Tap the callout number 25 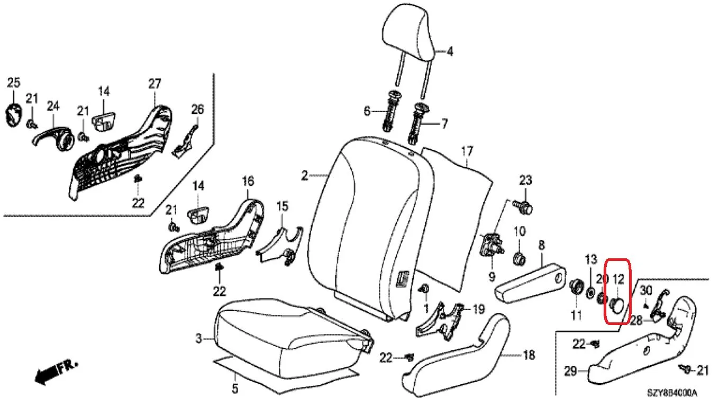click(13, 83)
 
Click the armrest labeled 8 click(530, 283)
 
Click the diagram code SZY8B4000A click(672, 393)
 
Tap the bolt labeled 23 click(523, 207)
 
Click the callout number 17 click(467, 151)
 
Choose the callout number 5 click(235, 389)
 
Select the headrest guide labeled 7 click(417, 124)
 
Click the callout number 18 click(529, 355)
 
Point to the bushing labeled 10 click(520, 258)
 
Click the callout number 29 click(571, 371)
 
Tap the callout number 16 click(248, 181)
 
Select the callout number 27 click(154, 84)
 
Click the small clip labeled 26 click(185, 142)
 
